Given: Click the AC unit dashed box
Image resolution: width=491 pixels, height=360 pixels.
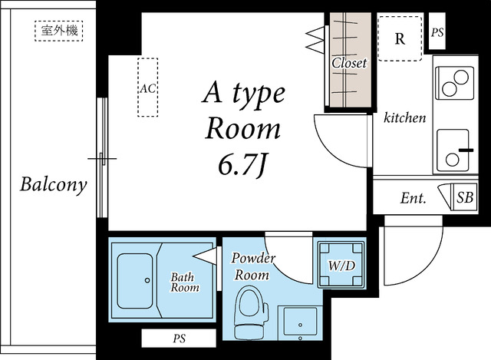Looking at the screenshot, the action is pyautogui.click(x=147, y=87).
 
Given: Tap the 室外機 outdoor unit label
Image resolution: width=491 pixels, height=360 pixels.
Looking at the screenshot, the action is pyautogui.click(x=59, y=31).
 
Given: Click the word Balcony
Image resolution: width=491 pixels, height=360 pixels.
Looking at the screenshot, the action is pyautogui.click(x=54, y=184).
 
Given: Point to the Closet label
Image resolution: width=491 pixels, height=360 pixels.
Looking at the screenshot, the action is pyautogui.click(x=349, y=63).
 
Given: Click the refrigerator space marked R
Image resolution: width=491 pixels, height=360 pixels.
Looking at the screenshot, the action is pyautogui.click(x=400, y=38).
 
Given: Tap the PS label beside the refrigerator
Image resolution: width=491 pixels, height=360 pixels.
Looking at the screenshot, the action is pyautogui.click(x=437, y=32).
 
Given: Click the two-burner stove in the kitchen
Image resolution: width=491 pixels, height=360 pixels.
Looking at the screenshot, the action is pyautogui.click(x=454, y=83).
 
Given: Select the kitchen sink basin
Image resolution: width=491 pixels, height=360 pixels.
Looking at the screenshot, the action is pyautogui.click(x=453, y=150).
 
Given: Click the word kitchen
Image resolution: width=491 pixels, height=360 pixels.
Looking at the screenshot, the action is pyautogui.click(x=404, y=117).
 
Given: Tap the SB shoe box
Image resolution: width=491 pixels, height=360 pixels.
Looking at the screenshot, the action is pyautogui.click(x=465, y=198).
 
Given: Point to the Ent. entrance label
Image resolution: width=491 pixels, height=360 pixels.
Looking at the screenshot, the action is pyautogui.click(x=413, y=198).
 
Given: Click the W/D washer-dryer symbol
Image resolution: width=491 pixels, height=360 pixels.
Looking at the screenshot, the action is pyautogui.click(x=341, y=265).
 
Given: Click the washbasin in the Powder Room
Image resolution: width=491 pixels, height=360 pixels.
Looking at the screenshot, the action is pyautogui.click(x=300, y=323).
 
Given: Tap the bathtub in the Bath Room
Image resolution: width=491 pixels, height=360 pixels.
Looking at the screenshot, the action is pyautogui.click(x=135, y=281).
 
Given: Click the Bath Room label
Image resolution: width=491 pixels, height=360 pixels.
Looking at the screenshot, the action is pyautogui.click(x=184, y=282).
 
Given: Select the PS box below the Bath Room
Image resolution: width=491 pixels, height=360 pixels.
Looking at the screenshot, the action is pyautogui.click(x=179, y=338).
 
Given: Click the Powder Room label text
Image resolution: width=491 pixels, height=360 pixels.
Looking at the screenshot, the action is pyautogui.click(x=253, y=266).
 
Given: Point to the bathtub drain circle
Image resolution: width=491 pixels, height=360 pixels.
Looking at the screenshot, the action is pyautogui.click(x=147, y=280).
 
